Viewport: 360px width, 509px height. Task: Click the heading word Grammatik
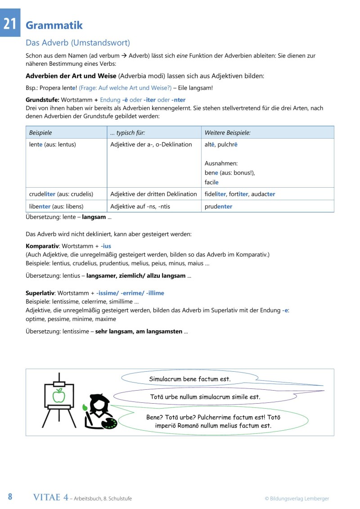[54, 26]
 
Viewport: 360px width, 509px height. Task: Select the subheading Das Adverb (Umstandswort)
[78, 43]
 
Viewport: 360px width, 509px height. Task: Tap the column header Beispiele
[40, 133]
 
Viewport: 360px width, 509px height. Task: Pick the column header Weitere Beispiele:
[227, 133]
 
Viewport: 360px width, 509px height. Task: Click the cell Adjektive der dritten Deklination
[153, 194]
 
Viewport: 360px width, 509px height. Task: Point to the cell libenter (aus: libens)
[56, 207]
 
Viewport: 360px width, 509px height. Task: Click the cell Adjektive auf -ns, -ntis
[140, 207]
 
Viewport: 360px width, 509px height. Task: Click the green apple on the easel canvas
[58, 396]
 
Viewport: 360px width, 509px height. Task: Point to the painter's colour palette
[108, 423]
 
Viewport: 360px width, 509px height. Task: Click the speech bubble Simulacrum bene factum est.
[189, 379]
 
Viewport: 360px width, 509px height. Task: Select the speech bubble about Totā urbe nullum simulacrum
[205, 397]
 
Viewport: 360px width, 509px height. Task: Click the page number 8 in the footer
[10, 497]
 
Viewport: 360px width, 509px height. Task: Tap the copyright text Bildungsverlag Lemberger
[297, 498]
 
